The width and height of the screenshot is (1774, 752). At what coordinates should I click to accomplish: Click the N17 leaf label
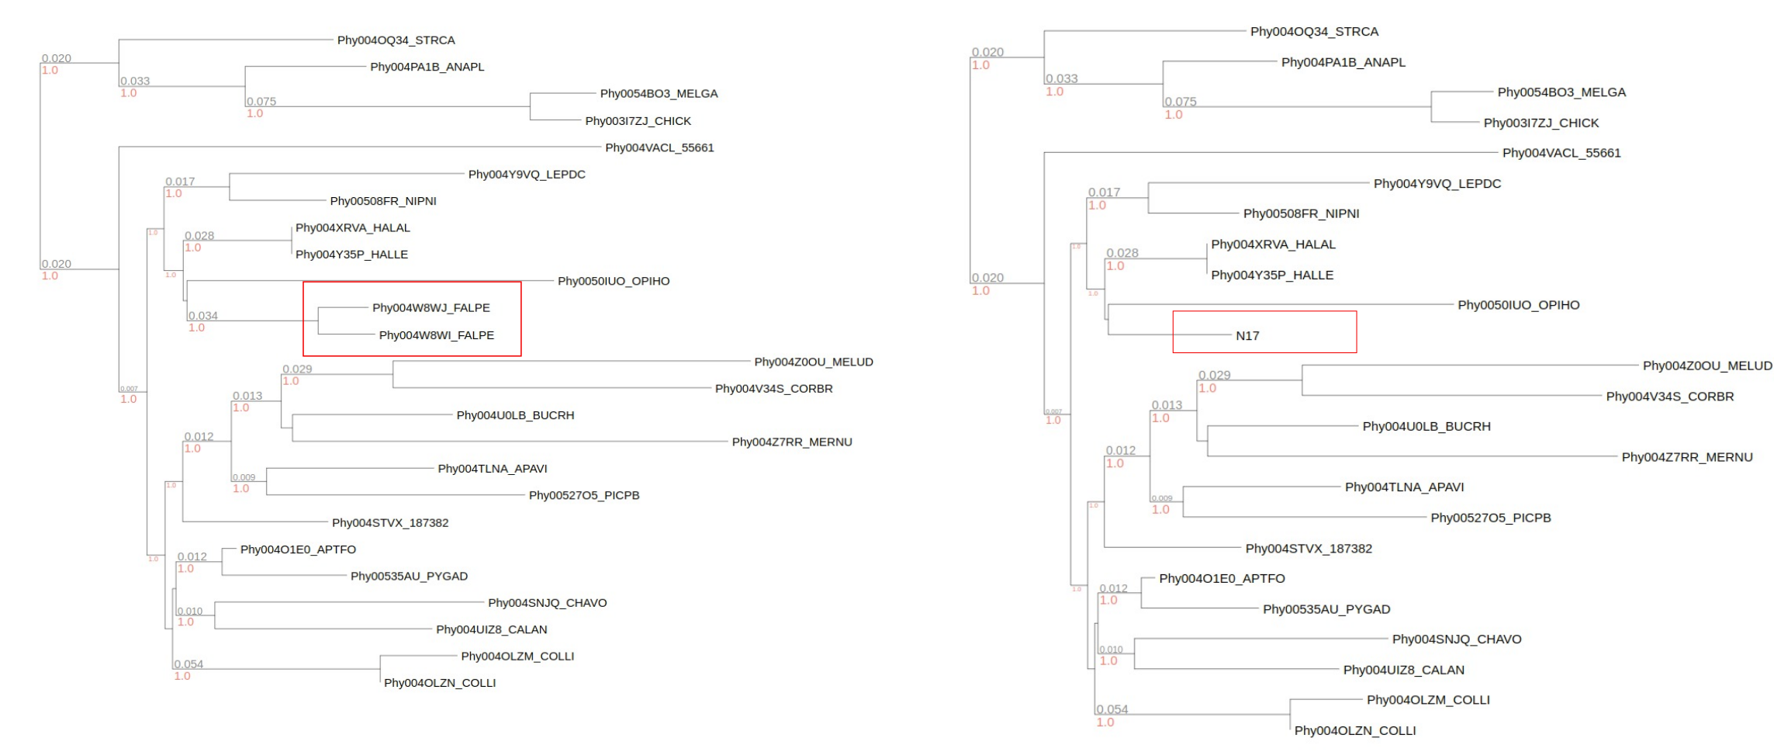1247,336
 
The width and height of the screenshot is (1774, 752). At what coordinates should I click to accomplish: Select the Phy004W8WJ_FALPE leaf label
431,308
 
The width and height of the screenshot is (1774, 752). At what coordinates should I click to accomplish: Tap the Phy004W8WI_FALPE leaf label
436,335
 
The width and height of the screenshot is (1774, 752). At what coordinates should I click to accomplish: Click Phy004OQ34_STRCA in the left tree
396,40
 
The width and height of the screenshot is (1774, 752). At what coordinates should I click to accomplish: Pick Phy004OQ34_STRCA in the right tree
1314,32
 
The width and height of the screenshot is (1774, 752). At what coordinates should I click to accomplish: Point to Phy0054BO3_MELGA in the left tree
659,94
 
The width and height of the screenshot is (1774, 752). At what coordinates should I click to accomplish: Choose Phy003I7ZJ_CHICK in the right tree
1541,123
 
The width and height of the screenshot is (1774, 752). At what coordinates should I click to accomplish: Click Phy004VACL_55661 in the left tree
659,147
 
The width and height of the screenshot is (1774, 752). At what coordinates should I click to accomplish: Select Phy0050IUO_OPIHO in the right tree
1518,305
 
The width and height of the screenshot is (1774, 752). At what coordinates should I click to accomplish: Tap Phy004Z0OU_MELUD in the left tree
813,362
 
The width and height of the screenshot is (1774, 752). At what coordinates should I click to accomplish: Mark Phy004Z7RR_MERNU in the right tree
1686,457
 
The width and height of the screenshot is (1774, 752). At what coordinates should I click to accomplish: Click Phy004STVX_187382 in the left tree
390,523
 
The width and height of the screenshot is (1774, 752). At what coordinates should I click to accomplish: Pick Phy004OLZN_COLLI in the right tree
1354,730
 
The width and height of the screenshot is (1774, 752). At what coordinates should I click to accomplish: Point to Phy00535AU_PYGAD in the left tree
409,577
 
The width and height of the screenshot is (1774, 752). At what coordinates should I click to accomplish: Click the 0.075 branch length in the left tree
261,102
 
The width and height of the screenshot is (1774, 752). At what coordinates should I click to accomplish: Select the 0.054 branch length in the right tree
1112,709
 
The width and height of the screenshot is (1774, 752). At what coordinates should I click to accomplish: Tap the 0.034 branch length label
202,316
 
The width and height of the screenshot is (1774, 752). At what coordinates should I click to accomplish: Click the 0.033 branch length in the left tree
135,81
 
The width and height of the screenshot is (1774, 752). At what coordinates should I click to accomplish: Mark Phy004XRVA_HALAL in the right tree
1273,244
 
